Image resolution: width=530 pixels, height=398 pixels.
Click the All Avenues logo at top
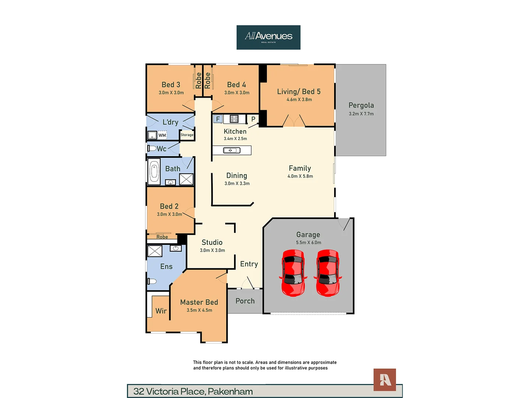[x=268, y=37]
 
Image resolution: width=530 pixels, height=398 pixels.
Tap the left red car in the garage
[x=293, y=273]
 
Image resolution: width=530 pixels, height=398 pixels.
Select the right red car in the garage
[x=328, y=273]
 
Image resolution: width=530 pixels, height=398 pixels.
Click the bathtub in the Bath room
[x=154, y=172]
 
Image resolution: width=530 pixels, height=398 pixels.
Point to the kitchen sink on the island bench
[x=232, y=150]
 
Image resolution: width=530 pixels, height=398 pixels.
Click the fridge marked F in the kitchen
[x=218, y=119]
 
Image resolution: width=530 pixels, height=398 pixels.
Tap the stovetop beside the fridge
[x=234, y=119]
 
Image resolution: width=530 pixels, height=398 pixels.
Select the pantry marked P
[x=253, y=119]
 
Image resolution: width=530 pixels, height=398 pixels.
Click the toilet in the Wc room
[x=152, y=149]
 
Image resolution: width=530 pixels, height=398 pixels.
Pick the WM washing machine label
[x=162, y=135]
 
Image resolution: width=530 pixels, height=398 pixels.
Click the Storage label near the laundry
[x=187, y=135]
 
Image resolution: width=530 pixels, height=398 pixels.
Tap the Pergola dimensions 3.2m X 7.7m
[x=361, y=114]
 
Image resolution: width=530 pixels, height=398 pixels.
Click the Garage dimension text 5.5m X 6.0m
[x=308, y=242]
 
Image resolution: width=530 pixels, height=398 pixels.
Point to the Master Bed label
[x=199, y=302]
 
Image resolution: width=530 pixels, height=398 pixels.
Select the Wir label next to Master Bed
[x=161, y=311]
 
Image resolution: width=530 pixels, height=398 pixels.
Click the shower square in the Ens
[x=155, y=251]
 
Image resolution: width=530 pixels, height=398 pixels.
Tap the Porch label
[x=245, y=301]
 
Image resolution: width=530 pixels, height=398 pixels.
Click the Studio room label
[x=212, y=242]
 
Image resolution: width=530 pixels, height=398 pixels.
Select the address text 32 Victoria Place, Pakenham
[x=193, y=391]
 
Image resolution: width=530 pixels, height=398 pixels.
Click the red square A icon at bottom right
[x=385, y=380]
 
